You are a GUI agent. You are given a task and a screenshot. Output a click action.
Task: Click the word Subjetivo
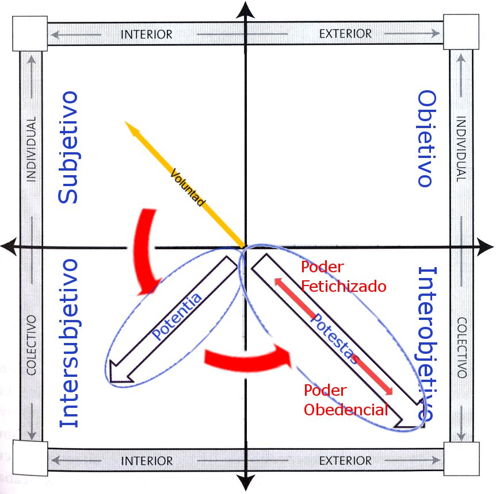click(68, 147)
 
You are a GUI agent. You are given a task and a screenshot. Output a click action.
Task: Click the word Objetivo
click(425, 138)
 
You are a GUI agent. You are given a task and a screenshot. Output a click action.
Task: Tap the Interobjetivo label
click(426, 342)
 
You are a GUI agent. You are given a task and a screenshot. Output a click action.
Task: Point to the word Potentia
click(177, 317)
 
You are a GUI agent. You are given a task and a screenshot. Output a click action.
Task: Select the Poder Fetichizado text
click(344, 277)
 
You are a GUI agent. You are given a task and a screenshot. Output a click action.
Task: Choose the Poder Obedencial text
click(345, 400)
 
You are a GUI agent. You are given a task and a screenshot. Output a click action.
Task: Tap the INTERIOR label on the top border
click(146, 34)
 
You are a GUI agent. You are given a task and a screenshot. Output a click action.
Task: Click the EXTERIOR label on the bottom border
click(345, 461)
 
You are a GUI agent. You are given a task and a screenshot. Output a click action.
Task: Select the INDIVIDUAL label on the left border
click(31, 149)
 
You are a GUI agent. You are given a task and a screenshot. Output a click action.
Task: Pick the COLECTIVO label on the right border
click(462, 347)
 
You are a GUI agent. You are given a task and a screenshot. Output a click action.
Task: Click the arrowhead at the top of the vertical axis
click(246, 10)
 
